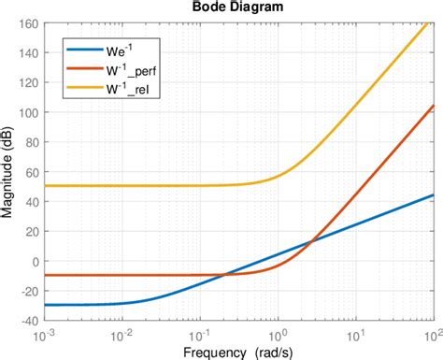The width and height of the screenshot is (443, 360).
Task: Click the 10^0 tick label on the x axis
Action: (x=279, y=336)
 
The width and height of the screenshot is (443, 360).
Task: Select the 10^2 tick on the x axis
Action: (x=431, y=336)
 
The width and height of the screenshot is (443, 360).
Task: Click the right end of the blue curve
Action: (x=432, y=194)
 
